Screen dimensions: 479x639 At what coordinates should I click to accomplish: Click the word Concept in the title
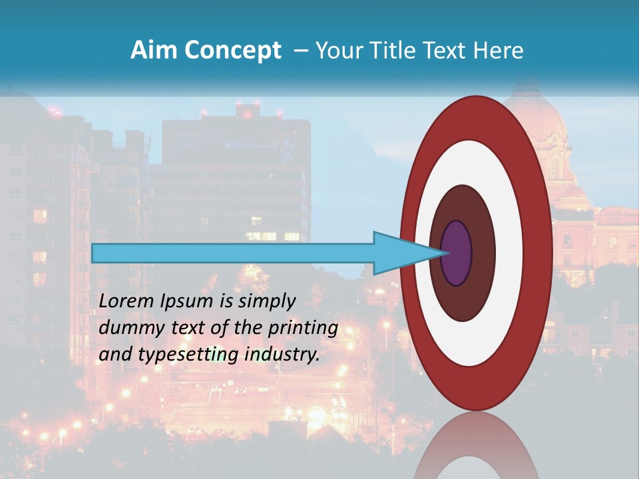232,50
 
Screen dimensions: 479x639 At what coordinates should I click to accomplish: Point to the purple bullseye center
457,253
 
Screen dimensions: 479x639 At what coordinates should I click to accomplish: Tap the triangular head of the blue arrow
399,253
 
